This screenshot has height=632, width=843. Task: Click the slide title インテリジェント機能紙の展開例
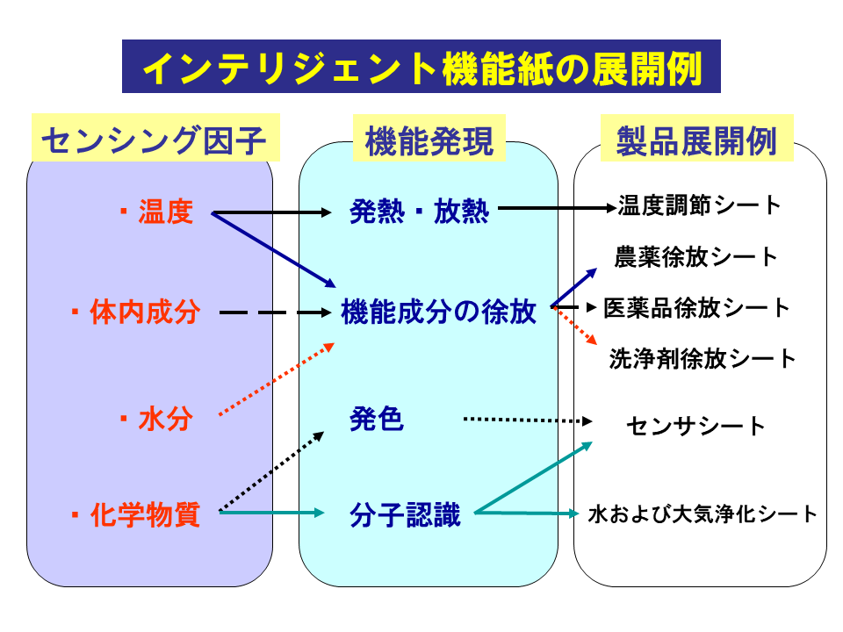(x=421, y=67)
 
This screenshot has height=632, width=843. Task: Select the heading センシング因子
(x=155, y=139)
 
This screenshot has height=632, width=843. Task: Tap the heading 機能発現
(x=429, y=139)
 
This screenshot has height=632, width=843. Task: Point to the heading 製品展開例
(x=698, y=139)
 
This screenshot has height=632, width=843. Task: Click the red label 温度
(x=165, y=212)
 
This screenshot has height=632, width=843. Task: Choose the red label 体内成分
(x=145, y=312)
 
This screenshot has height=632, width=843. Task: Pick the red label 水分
(x=165, y=420)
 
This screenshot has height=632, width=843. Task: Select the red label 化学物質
(x=145, y=513)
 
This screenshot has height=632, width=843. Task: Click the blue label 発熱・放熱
(x=419, y=212)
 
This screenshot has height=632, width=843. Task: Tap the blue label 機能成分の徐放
(x=438, y=312)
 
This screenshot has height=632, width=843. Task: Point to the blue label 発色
(x=377, y=420)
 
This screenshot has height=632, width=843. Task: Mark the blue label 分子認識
(x=405, y=513)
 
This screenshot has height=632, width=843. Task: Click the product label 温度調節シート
(x=699, y=206)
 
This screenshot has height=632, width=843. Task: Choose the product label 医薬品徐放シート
(x=697, y=308)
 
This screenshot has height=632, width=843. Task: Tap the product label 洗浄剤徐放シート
(x=702, y=358)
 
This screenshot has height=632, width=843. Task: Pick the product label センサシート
(x=696, y=427)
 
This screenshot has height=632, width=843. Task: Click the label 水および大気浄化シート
(x=702, y=513)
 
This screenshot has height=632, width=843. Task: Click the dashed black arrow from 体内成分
(x=272, y=312)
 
